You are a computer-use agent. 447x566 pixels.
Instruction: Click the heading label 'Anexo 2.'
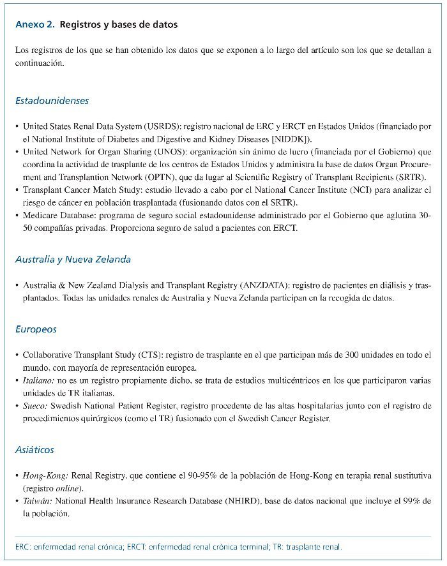(34, 25)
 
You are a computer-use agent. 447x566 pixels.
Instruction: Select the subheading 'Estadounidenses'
(52, 101)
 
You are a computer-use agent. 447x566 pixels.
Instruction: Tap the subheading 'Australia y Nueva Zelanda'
(73, 260)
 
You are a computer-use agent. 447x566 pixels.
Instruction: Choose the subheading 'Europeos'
(36, 329)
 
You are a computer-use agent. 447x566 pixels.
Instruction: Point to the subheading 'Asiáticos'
(34, 450)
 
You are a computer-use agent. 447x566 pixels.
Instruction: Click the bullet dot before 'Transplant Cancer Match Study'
(17, 190)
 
